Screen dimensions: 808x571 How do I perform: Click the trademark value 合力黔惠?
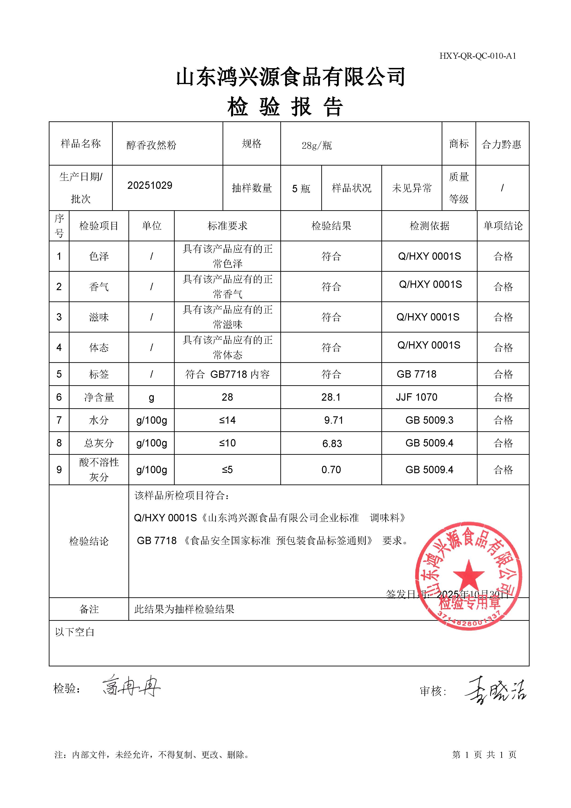click(x=501, y=144)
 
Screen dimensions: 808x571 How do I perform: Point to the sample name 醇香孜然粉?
click(x=151, y=145)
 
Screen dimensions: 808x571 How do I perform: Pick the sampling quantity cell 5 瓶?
click(x=301, y=189)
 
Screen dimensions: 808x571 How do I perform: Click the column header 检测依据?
click(x=429, y=226)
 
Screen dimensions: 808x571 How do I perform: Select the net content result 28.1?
click(x=331, y=397)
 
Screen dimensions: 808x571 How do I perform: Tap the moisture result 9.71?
click(x=333, y=420)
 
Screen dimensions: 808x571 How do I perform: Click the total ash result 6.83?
click(x=332, y=443)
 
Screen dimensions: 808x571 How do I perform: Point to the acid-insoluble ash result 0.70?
click(x=331, y=470)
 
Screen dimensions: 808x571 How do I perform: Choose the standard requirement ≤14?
click(x=227, y=420)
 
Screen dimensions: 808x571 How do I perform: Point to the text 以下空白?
click(x=75, y=632)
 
